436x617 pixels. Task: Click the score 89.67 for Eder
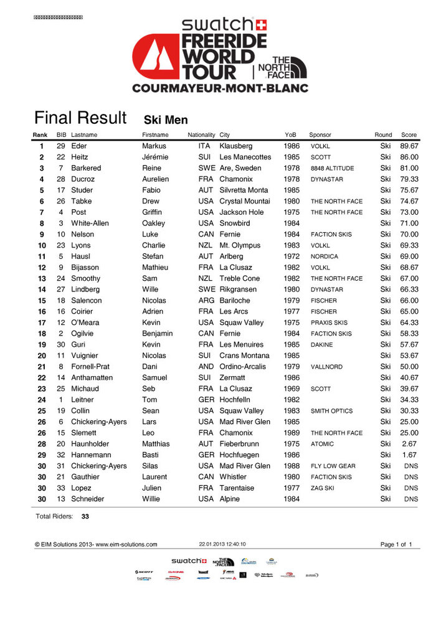pos(409,146)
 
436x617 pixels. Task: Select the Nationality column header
pos(201,135)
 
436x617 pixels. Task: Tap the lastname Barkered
pos(86,168)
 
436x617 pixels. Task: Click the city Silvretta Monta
pos(244,191)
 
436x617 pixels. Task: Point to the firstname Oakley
pos(154,224)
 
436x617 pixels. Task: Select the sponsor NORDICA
pos(325,257)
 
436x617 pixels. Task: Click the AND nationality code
pos(205,367)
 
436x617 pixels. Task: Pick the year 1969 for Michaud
pos(291,389)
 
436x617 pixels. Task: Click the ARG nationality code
pos(205,301)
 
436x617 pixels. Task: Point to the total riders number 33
pos(85,516)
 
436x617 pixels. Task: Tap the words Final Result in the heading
pos(80,118)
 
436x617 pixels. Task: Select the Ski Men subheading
pos(166,120)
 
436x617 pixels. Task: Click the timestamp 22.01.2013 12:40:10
pos(222,544)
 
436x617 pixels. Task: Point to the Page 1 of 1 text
pos(396,545)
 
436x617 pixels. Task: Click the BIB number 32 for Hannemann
pos(61,455)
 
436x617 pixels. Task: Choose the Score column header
pos(409,135)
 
